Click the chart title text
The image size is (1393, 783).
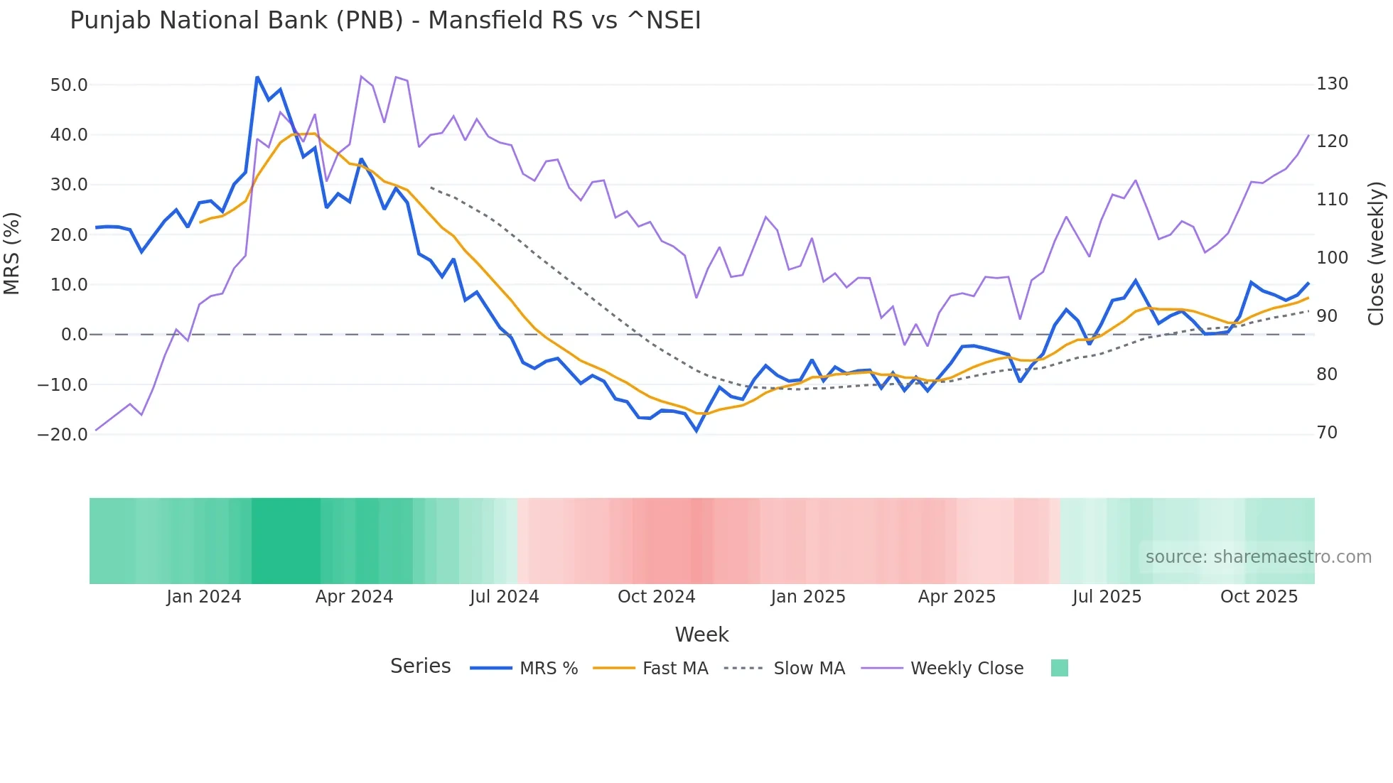pyautogui.click(x=385, y=21)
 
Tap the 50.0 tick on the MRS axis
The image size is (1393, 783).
pyautogui.click(x=69, y=85)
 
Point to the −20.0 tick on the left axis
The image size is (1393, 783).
pyautogui.click(x=63, y=435)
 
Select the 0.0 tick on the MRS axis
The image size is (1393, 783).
pyautogui.click(x=74, y=335)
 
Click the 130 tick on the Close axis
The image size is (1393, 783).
pyautogui.click(x=1332, y=84)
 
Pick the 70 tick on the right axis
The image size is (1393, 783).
pyautogui.click(x=1327, y=433)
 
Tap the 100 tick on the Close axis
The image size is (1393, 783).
pyautogui.click(x=1332, y=258)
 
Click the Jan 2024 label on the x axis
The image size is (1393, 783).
pyautogui.click(x=204, y=597)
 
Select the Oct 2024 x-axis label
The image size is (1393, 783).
pyautogui.click(x=656, y=597)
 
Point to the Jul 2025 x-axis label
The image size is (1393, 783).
pyautogui.click(x=1107, y=597)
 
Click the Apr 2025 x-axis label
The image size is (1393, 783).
pyautogui.click(x=957, y=597)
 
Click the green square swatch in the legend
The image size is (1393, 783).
pyautogui.click(x=1059, y=668)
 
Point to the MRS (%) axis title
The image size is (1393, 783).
pyautogui.click(x=12, y=253)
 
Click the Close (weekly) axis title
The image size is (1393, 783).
pyautogui.click(x=1377, y=253)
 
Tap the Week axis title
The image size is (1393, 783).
pyautogui.click(x=701, y=634)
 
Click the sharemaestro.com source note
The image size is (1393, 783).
pyautogui.click(x=1258, y=557)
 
